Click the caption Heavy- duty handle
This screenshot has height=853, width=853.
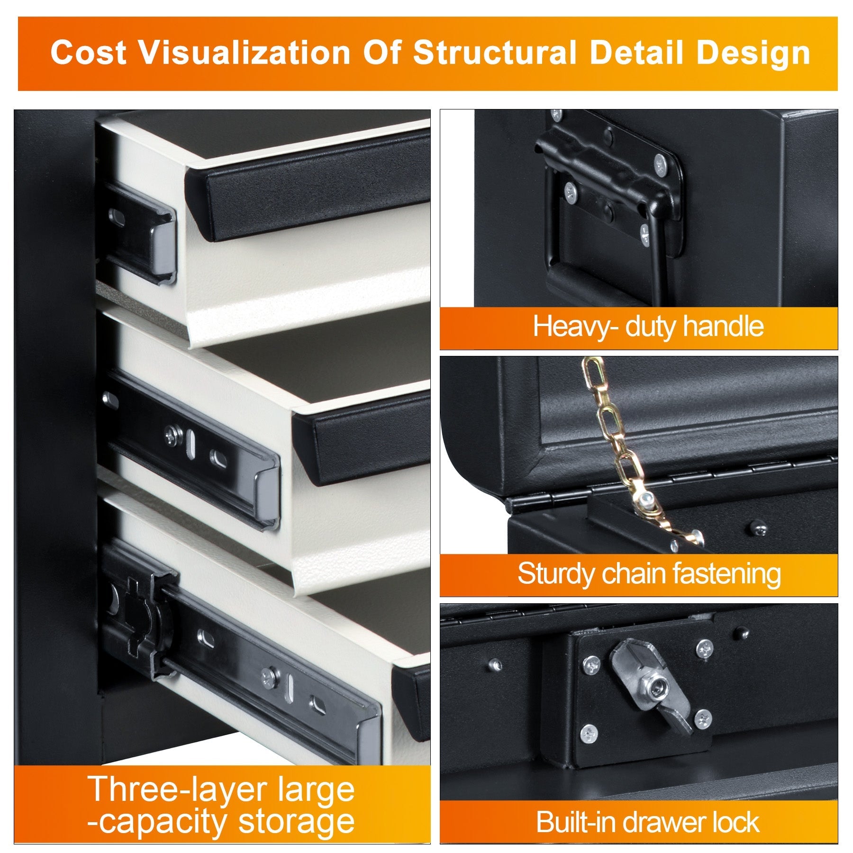click(648, 327)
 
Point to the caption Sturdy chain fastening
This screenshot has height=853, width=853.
click(649, 574)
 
